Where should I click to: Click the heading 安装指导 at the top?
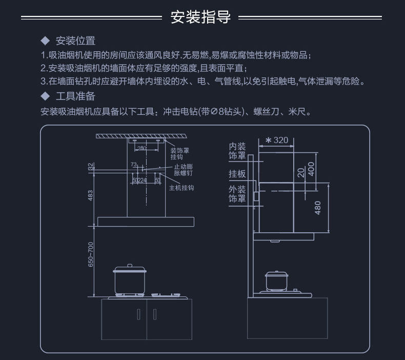200,17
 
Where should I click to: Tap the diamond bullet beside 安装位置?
45,41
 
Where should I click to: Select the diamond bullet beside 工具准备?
45,96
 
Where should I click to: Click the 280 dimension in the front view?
142,148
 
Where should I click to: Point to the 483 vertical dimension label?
91,195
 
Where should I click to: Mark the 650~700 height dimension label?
91,254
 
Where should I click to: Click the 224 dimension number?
143,181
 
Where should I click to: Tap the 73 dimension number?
134,165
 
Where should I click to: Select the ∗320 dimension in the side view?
277,140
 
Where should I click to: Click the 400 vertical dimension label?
310,168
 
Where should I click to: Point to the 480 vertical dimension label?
318,207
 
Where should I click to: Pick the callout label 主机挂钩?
181,188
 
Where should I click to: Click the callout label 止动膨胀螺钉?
183,170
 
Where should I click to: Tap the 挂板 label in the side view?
237,174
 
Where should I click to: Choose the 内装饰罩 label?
237,151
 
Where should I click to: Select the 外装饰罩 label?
237,194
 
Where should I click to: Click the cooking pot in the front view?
130,281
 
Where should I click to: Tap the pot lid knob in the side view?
277,272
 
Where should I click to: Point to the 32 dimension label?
91,167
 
